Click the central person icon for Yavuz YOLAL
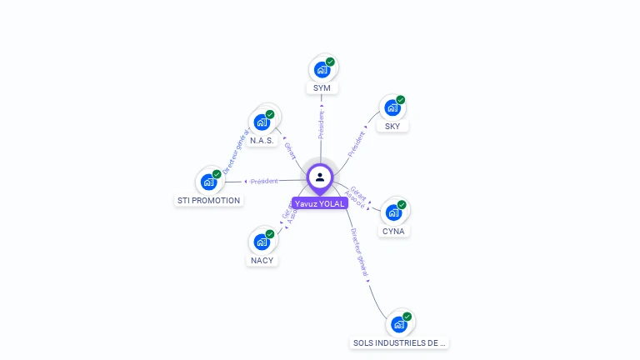(x=320, y=177)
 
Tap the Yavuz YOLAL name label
(x=320, y=203)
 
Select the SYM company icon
(x=322, y=70)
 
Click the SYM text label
(x=322, y=88)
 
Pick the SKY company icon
(x=392, y=108)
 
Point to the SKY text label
(x=392, y=127)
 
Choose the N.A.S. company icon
(x=262, y=122)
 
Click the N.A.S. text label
(x=262, y=140)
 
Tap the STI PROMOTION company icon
(x=208, y=182)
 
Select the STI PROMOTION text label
(x=208, y=200)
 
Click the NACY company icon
(x=262, y=242)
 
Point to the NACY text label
(x=262, y=260)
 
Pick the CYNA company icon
(x=393, y=212)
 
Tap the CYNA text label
(x=393, y=231)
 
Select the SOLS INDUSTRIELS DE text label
(x=399, y=342)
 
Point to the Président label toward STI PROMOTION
(x=264, y=181)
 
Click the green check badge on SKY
(x=401, y=100)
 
